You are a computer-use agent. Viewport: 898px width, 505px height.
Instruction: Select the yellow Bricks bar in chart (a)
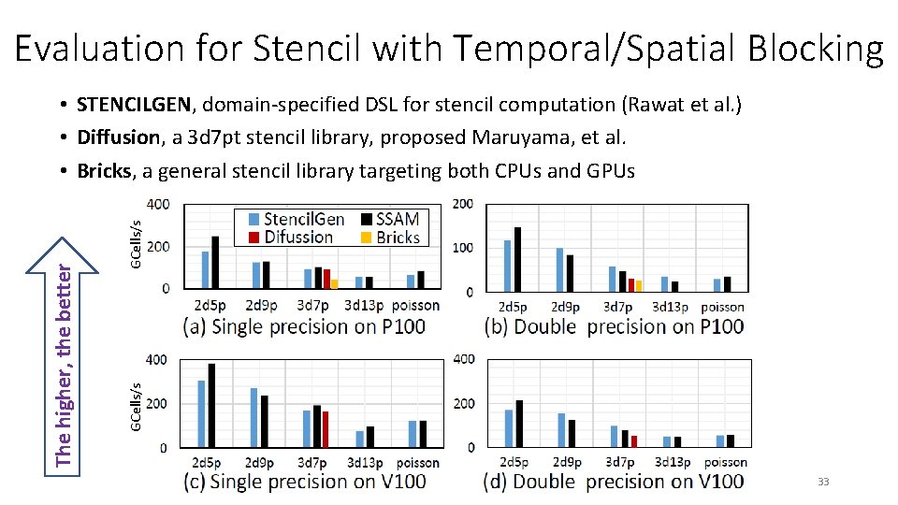click(x=334, y=283)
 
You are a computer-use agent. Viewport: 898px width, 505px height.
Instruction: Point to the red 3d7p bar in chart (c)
click(x=325, y=429)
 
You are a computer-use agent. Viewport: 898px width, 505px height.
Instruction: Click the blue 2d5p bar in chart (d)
click(x=509, y=427)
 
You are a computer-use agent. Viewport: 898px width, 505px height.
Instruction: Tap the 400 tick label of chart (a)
click(x=158, y=204)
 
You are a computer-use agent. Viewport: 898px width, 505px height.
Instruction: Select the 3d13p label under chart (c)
click(x=365, y=463)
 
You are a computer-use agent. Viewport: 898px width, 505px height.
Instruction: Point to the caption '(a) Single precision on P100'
click(x=305, y=326)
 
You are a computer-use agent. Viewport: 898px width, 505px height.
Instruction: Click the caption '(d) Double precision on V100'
click(x=614, y=482)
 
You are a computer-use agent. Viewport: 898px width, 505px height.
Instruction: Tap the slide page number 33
click(x=823, y=482)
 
